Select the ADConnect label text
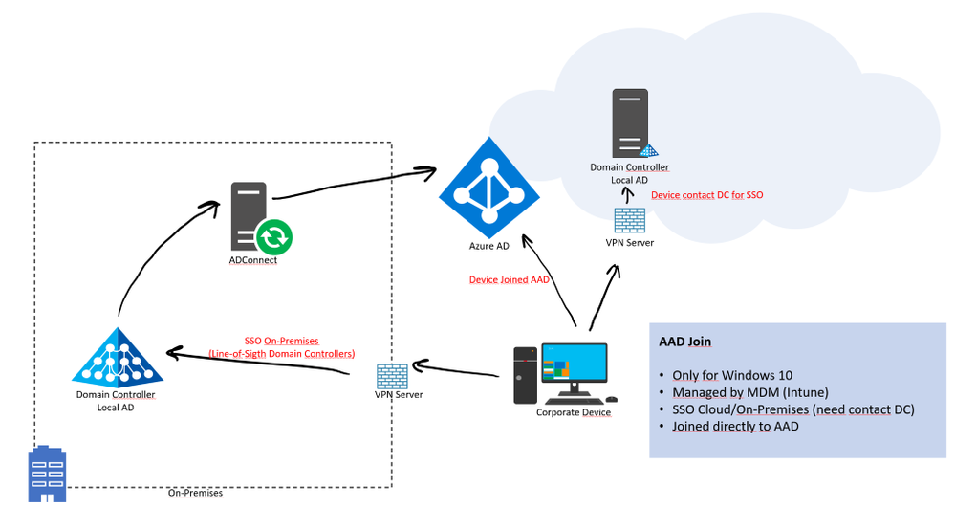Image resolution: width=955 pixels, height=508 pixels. tap(253, 260)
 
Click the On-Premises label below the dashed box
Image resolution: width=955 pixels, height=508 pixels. tap(196, 494)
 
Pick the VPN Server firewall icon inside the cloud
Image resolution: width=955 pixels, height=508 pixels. tap(629, 220)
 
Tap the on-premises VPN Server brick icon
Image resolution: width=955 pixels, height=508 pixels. tap(388, 374)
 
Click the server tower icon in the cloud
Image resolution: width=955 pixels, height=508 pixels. tap(628, 123)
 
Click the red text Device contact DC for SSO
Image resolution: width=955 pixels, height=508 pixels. tap(706, 194)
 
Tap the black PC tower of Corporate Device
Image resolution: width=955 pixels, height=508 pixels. tap(525, 376)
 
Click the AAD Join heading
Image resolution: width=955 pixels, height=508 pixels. tap(685, 341)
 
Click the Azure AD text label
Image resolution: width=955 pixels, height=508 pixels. tap(488, 246)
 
